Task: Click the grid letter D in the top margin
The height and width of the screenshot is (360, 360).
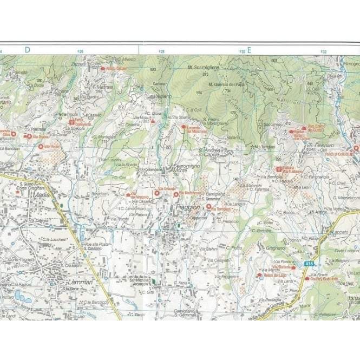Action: (x=27, y=50)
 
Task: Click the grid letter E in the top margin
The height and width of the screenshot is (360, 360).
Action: (x=250, y=50)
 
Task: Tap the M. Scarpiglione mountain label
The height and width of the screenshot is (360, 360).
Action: (x=202, y=68)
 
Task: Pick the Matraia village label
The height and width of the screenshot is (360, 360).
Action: (x=104, y=87)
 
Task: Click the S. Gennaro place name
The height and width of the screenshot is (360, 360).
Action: (x=320, y=146)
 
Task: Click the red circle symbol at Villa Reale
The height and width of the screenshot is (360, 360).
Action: (x=41, y=146)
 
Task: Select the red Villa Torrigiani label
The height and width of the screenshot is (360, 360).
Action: (x=220, y=209)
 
